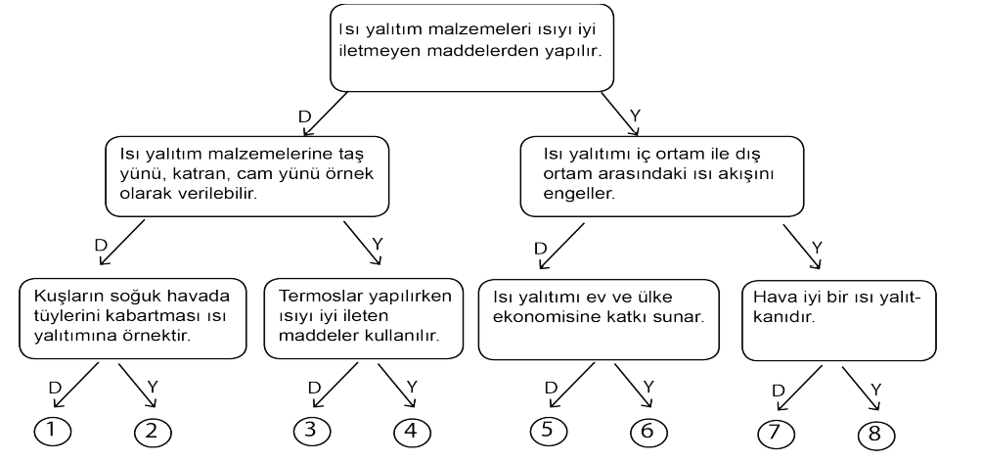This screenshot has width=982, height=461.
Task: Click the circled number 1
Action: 52,430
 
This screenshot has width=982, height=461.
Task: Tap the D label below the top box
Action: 304,117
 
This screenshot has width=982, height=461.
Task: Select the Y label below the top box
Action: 636,115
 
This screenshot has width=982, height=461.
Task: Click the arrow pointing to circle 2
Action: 137,386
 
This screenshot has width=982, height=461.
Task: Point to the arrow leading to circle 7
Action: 799,388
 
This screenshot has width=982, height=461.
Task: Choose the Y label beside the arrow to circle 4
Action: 412,387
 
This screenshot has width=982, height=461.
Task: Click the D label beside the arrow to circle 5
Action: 551,388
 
